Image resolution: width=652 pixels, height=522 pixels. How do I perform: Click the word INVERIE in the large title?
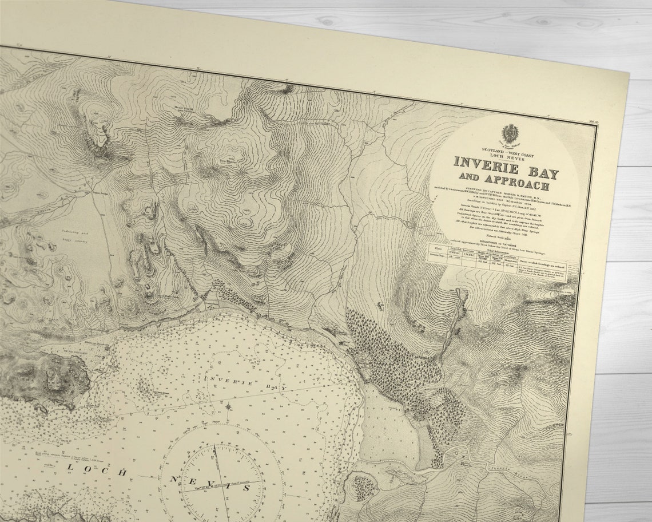point(487,167)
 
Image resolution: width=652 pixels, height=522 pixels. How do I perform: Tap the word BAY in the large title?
point(540,173)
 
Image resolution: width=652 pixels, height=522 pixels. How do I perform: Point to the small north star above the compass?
point(228,406)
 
